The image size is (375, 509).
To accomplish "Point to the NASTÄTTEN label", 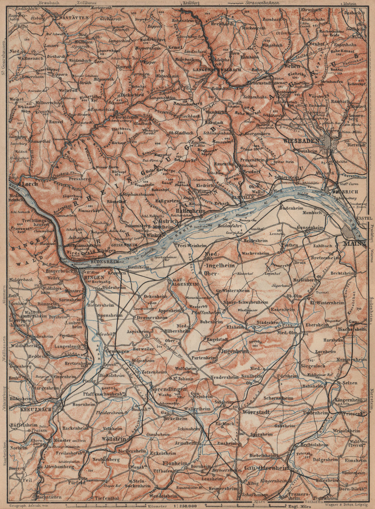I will pos(71,17).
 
